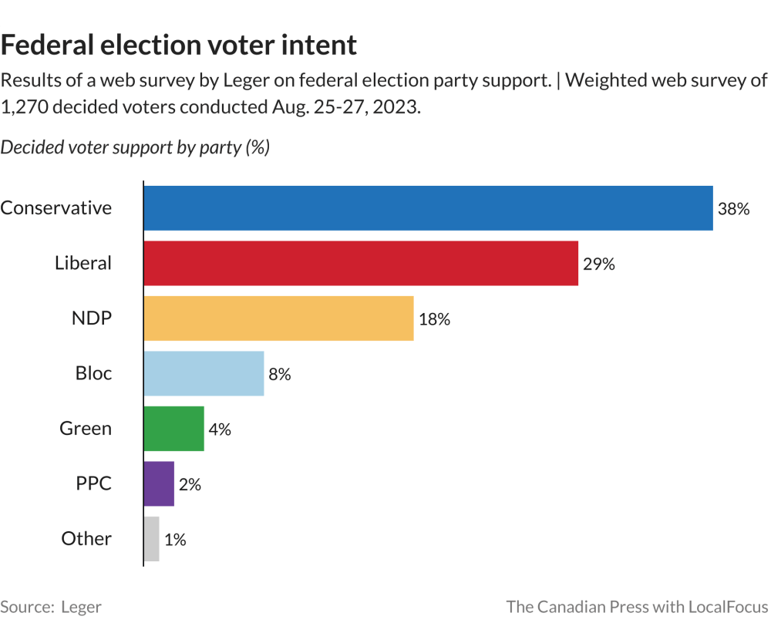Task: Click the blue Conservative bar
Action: [428, 208]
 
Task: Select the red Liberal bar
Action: [361, 264]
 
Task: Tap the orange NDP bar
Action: [278, 318]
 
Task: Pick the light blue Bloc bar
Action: [204, 374]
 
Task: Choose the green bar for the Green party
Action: [174, 429]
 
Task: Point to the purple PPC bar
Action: [159, 484]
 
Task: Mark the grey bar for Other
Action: [152, 539]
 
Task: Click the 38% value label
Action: [733, 208]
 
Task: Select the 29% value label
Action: [598, 264]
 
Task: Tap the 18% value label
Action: [434, 318]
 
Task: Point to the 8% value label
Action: [279, 374]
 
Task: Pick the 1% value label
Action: [175, 539]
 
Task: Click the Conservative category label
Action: [56, 208]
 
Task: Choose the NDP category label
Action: [90, 318]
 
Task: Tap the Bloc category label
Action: [93, 374]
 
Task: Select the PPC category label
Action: [93, 484]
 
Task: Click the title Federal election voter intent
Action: [179, 45]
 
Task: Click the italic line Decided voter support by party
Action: [135, 147]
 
